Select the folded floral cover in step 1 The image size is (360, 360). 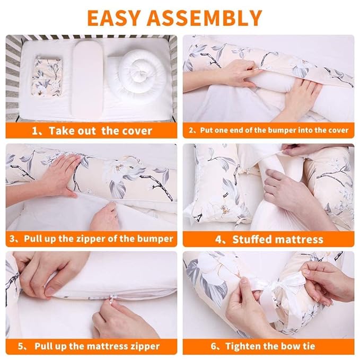pos(47,77)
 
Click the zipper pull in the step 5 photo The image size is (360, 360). pos(112,298)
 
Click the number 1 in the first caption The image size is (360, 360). pos(34,131)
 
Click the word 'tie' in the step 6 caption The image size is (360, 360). pos(309,346)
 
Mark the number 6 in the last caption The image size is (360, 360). pos(214,346)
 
